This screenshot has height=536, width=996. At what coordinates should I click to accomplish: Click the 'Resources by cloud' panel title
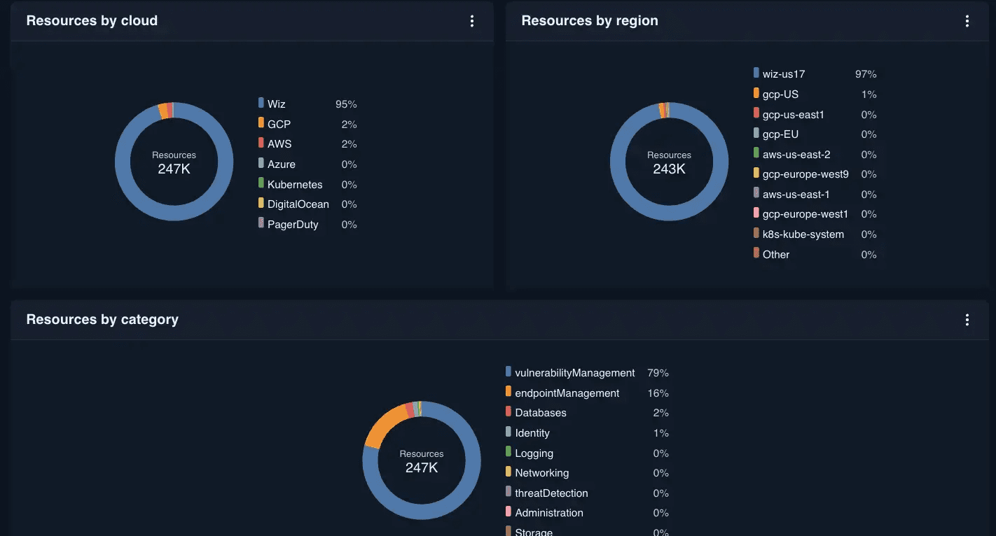[92, 20]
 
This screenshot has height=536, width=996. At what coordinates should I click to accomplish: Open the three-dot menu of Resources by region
[967, 21]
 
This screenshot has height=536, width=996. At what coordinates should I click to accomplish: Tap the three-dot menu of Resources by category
[967, 320]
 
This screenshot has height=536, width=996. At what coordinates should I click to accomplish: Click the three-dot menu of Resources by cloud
[471, 21]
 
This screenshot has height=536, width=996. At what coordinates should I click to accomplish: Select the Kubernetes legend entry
[295, 185]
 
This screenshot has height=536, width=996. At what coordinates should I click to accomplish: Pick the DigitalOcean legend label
[298, 204]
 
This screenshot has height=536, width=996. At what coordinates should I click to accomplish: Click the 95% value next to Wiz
[346, 104]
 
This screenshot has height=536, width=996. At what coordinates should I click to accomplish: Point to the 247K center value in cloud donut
[174, 169]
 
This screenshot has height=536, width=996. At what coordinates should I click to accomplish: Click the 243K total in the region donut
[669, 169]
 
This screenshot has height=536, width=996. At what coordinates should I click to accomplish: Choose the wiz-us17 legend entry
[783, 74]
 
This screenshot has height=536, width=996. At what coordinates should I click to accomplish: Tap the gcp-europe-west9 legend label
[805, 174]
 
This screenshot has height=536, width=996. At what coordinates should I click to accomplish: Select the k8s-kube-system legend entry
[803, 234]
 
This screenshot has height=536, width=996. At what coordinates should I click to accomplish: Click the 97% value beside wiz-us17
[866, 74]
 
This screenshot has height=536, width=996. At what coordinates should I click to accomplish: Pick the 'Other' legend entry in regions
[775, 255]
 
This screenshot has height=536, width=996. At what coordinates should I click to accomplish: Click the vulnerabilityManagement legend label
[574, 373]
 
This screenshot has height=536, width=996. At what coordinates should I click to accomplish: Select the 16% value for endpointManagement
[658, 393]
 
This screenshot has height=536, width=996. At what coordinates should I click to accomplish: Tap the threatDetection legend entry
[551, 493]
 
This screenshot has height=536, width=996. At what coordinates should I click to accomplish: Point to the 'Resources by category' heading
[102, 319]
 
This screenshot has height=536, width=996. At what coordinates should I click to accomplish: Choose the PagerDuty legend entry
[293, 225]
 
